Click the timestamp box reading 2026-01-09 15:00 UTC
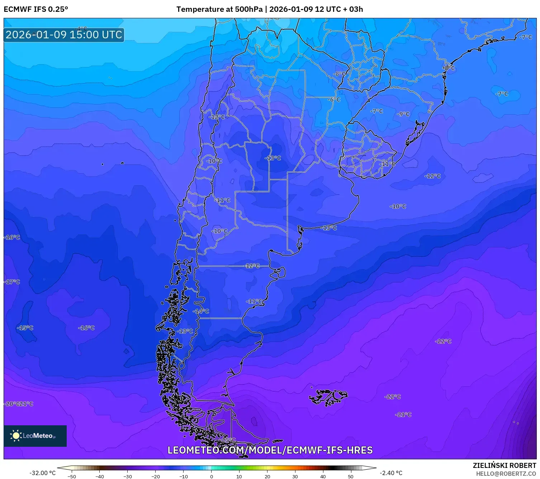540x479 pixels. (x=64, y=35)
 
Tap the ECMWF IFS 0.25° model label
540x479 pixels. (x=35, y=9)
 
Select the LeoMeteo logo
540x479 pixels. (x=35, y=436)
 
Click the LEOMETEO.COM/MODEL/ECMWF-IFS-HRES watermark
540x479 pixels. (x=270, y=450)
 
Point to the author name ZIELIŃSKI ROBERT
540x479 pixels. (x=504, y=465)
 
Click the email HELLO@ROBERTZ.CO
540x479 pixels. (x=506, y=474)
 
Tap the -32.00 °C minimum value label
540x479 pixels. (x=42, y=473)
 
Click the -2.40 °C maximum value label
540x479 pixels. (x=391, y=473)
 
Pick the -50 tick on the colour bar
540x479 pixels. (x=72, y=476)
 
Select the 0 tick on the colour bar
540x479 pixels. (x=212, y=476)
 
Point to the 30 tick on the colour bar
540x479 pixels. (x=295, y=476)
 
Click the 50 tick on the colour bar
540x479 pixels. (x=351, y=476)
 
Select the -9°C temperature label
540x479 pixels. (x=403, y=114)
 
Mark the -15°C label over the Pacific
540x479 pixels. (x=25, y=328)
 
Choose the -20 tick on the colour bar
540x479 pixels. (x=155, y=476)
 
